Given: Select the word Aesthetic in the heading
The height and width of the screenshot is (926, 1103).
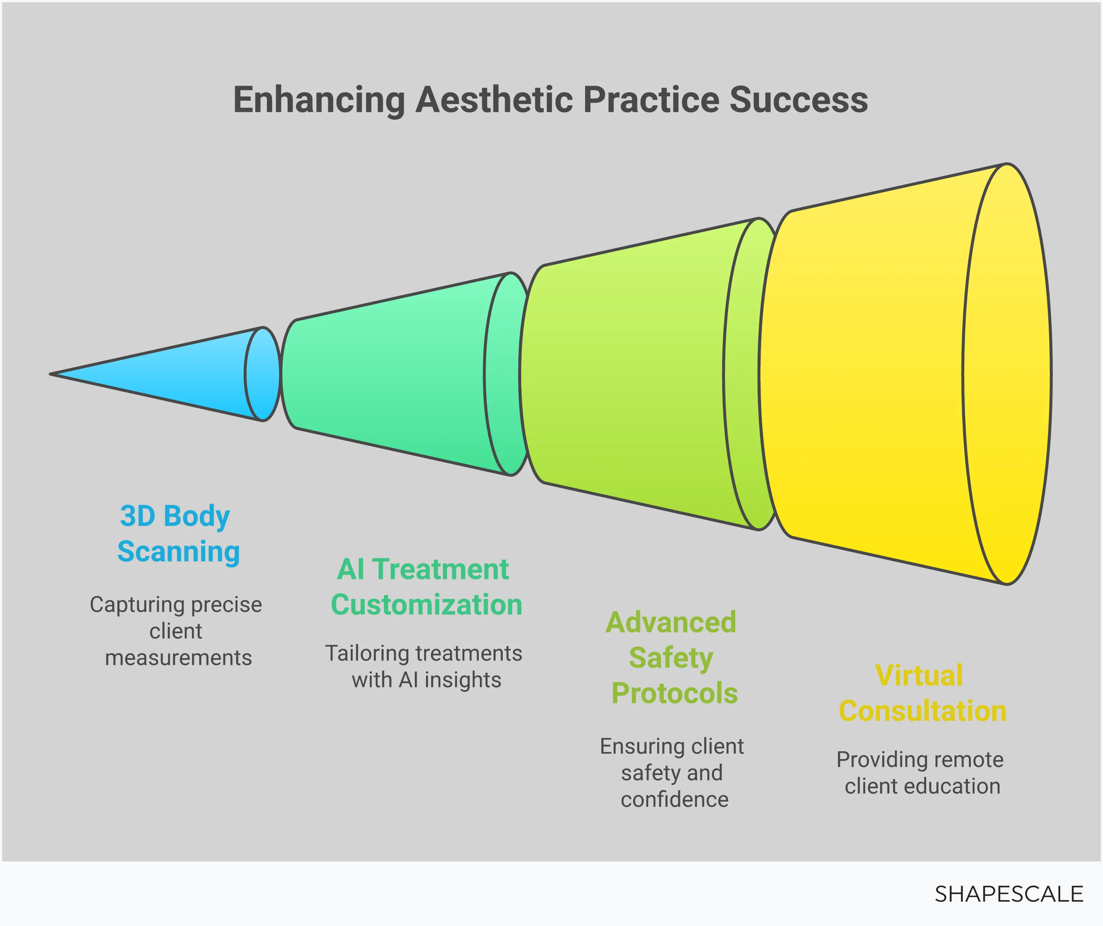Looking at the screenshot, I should pyautogui.click(x=494, y=100).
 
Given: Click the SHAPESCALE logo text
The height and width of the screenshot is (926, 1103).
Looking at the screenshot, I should pyautogui.click(x=1008, y=894).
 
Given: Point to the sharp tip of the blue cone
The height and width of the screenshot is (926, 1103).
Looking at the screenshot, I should pyautogui.click(x=52, y=374).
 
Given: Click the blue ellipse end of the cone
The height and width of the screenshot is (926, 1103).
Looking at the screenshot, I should pyautogui.click(x=262, y=374).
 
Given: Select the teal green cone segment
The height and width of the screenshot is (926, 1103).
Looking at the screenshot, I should pyautogui.click(x=389, y=374).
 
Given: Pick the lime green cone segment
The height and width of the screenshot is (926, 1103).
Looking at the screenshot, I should pyautogui.click(x=630, y=374).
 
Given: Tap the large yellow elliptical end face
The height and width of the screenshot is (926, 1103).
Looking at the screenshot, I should pyautogui.click(x=1007, y=374).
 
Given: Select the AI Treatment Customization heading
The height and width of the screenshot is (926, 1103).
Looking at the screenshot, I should pyautogui.click(x=426, y=587).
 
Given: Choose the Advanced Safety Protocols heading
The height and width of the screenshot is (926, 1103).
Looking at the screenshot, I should pyautogui.click(x=672, y=658).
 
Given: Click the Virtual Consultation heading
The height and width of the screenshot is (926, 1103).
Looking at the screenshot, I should pyautogui.click(x=922, y=693).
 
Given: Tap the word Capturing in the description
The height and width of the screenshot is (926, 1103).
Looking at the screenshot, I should pyautogui.click(x=138, y=604).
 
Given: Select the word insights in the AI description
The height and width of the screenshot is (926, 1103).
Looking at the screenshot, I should pyautogui.click(x=463, y=680).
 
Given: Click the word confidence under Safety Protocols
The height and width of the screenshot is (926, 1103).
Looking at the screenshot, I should pyautogui.click(x=674, y=799).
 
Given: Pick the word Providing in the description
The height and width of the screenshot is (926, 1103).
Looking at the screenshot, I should pyautogui.click(x=878, y=759).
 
